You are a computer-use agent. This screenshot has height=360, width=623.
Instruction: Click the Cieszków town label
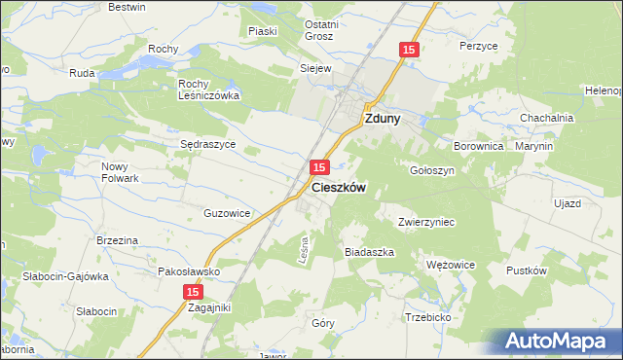[x=339, y=189]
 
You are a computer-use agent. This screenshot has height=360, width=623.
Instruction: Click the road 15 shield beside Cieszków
[x=319, y=168]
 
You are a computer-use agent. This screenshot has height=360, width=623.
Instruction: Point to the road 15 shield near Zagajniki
[x=193, y=291]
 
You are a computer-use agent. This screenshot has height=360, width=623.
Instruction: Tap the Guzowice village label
[x=228, y=212]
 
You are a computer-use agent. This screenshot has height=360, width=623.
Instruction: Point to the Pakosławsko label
[x=188, y=271]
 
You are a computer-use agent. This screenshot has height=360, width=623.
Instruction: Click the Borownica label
[x=477, y=145]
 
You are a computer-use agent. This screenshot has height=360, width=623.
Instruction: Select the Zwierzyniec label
[x=427, y=221]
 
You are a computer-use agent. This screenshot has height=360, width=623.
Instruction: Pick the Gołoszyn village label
[x=432, y=169]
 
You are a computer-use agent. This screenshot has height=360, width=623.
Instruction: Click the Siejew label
[x=315, y=69]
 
